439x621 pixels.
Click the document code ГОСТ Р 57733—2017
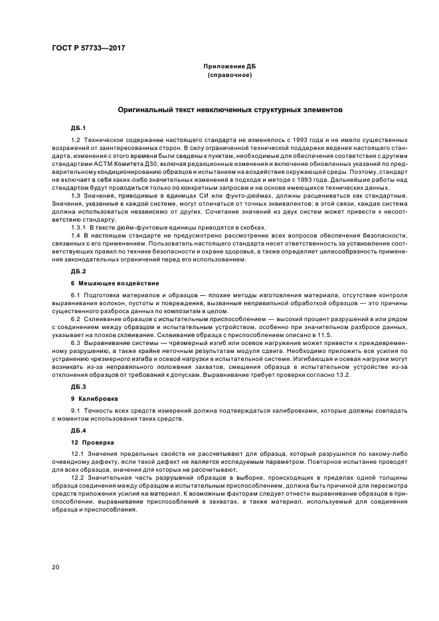tap(88, 48)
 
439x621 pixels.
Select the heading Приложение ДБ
tap(230, 68)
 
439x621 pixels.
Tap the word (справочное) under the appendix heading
tap(230, 76)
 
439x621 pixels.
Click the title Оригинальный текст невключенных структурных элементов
tap(230, 109)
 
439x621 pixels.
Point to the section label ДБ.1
tap(78, 127)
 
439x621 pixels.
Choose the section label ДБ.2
tap(78, 271)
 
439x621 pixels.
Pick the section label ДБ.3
tap(78, 385)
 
